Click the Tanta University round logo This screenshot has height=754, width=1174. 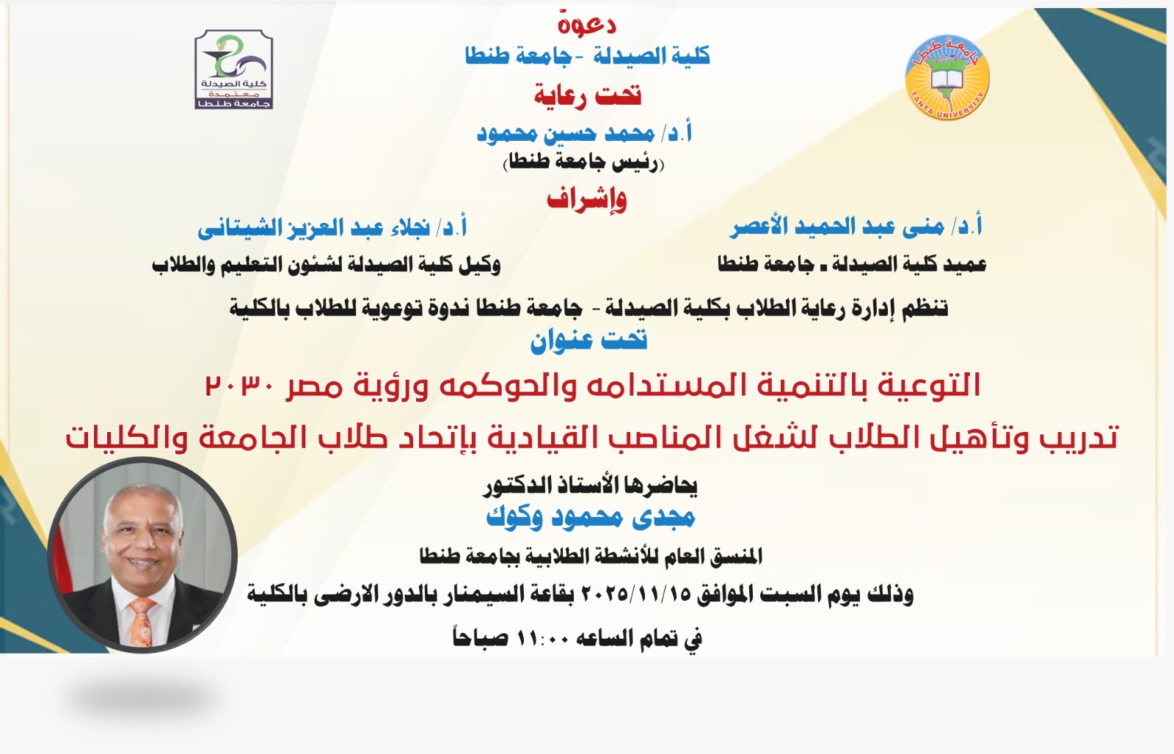click(947, 78)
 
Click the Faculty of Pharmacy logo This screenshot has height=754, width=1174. click(234, 70)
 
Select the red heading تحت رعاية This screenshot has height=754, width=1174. click(588, 95)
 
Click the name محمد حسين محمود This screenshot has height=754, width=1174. click(566, 133)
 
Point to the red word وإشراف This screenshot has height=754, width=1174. click(586, 200)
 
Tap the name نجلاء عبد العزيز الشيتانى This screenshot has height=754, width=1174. click(313, 228)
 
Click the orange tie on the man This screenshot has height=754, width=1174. click(142, 621)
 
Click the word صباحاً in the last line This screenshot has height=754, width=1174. click(480, 637)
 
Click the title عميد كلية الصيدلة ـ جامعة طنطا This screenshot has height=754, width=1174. click(852, 264)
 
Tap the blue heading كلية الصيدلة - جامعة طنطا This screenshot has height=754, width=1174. click(588, 56)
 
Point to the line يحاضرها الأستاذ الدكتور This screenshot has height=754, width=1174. click(590, 486)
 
